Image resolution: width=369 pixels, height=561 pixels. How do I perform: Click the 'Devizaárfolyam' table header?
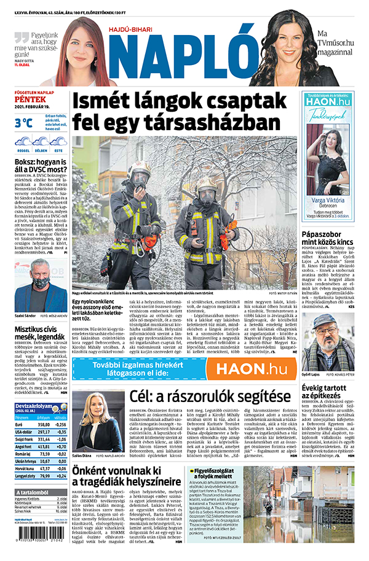click(x=34, y=406)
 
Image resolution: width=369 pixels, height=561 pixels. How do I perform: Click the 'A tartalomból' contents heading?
click(x=35, y=493)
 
